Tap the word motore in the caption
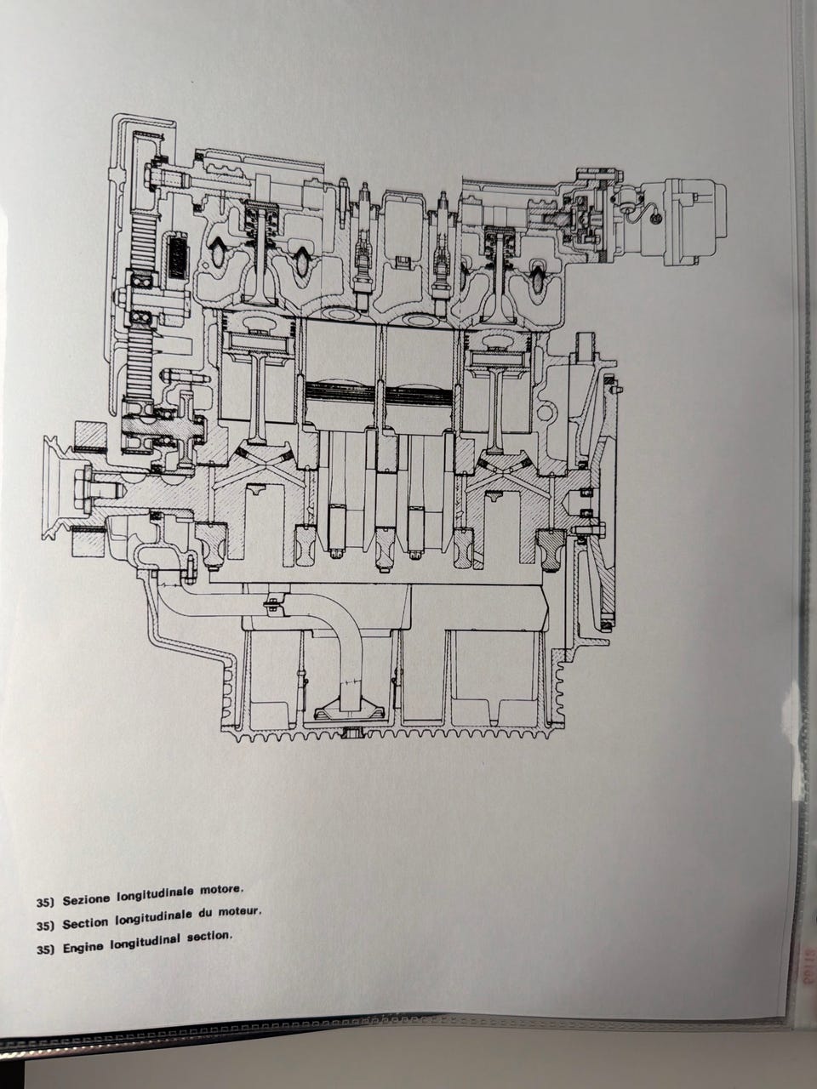click(x=222, y=889)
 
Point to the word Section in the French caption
click(x=84, y=923)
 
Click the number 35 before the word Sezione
click(x=46, y=902)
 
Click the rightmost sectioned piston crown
click(x=502, y=339)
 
